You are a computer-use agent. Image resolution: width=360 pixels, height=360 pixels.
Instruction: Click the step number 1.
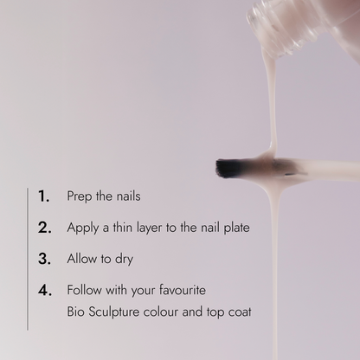coord(43,196)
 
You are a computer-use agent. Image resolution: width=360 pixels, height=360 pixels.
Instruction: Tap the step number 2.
coord(45,228)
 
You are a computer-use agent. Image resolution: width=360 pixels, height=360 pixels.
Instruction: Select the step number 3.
coord(44,259)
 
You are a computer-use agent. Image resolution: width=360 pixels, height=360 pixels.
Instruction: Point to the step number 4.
coord(45,290)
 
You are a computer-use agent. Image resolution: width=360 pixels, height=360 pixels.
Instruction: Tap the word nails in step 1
coord(128,196)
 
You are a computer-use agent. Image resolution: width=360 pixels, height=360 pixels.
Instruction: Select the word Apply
coord(83,228)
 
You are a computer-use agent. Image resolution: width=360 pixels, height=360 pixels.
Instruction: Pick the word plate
coord(236,228)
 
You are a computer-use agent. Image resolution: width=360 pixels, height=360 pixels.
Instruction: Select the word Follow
coord(84,290)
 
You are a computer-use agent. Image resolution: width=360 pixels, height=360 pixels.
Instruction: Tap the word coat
coord(240,312)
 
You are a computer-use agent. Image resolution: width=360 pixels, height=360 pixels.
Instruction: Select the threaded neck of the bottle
coord(277,29)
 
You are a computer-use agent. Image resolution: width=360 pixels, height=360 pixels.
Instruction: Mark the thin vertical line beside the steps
coord(28,259)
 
